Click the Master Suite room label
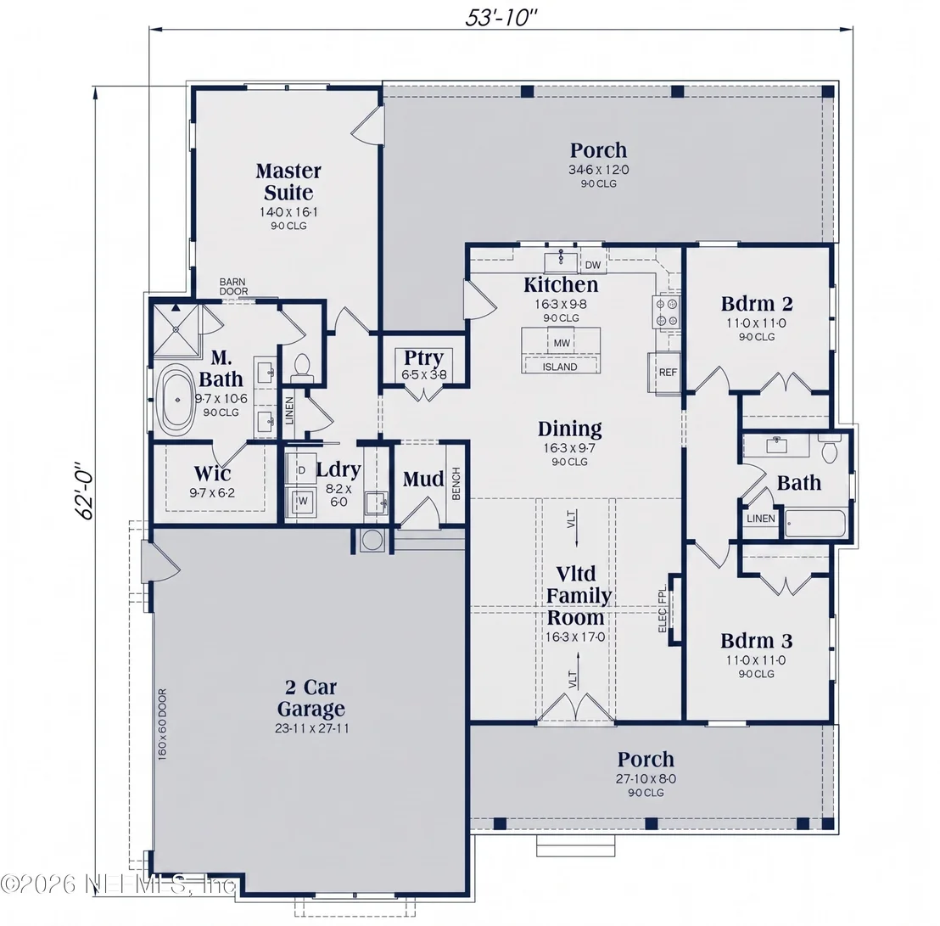pyautogui.click(x=289, y=182)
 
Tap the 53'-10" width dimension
pyautogui.click(x=501, y=17)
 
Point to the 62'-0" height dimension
pyautogui.click(x=85, y=490)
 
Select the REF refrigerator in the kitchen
pyautogui.click(x=667, y=373)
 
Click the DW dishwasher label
pyautogui.click(x=592, y=265)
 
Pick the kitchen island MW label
pyautogui.click(x=562, y=343)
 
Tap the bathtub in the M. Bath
pyautogui.click(x=176, y=399)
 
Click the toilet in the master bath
pyautogui.click(x=301, y=368)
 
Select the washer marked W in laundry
pyautogui.click(x=303, y=502)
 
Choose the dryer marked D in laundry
pyautogui.click(x=301, y=470)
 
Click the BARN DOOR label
pyautogui.click(x=233, y=287)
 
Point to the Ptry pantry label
pyautogui.click(x=423, y=357)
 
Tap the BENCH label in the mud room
pyautogui.click(x=456, y=484)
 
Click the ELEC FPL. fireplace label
pyautogui.click(x=663, y=609)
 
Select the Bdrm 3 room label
pyautogui.click(x=757, y=641)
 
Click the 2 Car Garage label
pyautogui.click(x=311, y=698)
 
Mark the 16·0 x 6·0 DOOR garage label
pyautogui.click(x=162, y=725)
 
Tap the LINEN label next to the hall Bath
pyautogui.click(x=761, y=519)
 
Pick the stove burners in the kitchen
pyautogui.click(x=667, y=311)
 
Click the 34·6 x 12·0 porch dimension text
pyautogui.click(x=599, y=170)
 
